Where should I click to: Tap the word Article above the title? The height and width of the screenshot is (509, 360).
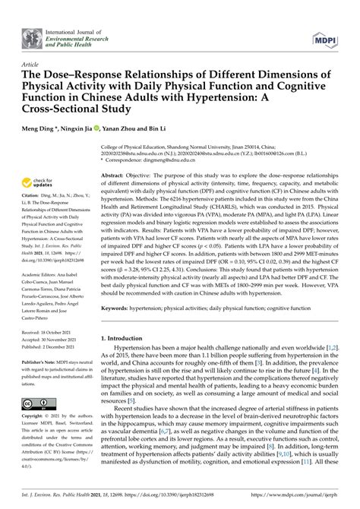click(x=30, y=66)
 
